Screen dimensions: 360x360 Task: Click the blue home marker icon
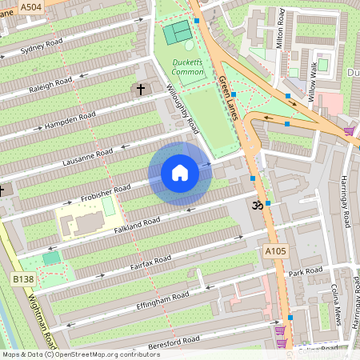[x=180, y=172]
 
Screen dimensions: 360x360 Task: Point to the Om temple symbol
[x=258, y=205]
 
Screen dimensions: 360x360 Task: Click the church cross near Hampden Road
[x=141, y=90]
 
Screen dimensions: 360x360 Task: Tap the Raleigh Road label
[x=52, y=86]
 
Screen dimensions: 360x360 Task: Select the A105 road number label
[x=274, y=251]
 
